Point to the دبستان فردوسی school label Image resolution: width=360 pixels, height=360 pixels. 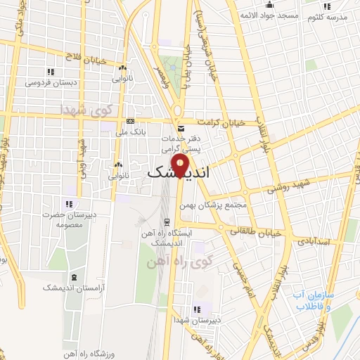(x=51, y=82)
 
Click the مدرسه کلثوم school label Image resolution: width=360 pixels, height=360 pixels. (x=333, y=16)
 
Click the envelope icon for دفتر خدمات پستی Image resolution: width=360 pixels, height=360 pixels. (x=181, y=129)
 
